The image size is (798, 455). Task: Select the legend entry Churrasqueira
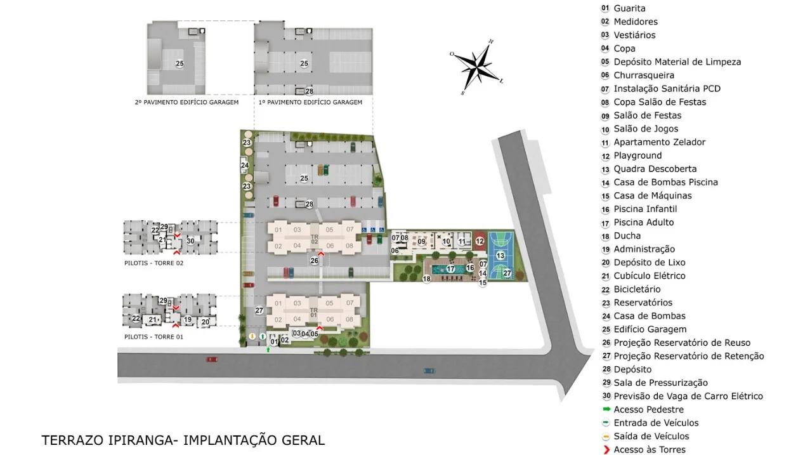tap(643, 75)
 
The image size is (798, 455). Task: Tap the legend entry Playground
tap(637, 155)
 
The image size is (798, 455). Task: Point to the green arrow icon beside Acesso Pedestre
tap(605, 410)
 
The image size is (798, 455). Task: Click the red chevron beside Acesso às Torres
tap(605, 450)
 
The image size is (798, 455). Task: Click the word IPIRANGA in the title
tap(146, 440)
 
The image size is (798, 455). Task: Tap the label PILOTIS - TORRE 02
tap(154, 263)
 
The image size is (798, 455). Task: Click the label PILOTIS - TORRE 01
tap(154, 337)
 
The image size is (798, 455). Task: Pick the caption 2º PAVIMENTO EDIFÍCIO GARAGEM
tap(186, 102)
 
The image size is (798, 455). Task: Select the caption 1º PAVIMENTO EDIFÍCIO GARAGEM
tap(310, 102)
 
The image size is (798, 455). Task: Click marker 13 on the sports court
tap(500, 255)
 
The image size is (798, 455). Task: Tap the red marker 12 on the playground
tap(480, 241)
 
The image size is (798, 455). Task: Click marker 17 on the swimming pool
tap(451, 268)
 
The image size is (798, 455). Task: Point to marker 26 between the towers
tap(314, 261)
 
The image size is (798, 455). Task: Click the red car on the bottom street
tap(211, 359)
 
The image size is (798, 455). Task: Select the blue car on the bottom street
tap(429, 371)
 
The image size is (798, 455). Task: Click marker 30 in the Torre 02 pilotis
tap(190, 239)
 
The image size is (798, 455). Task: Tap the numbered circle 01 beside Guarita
tap(605, 8)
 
